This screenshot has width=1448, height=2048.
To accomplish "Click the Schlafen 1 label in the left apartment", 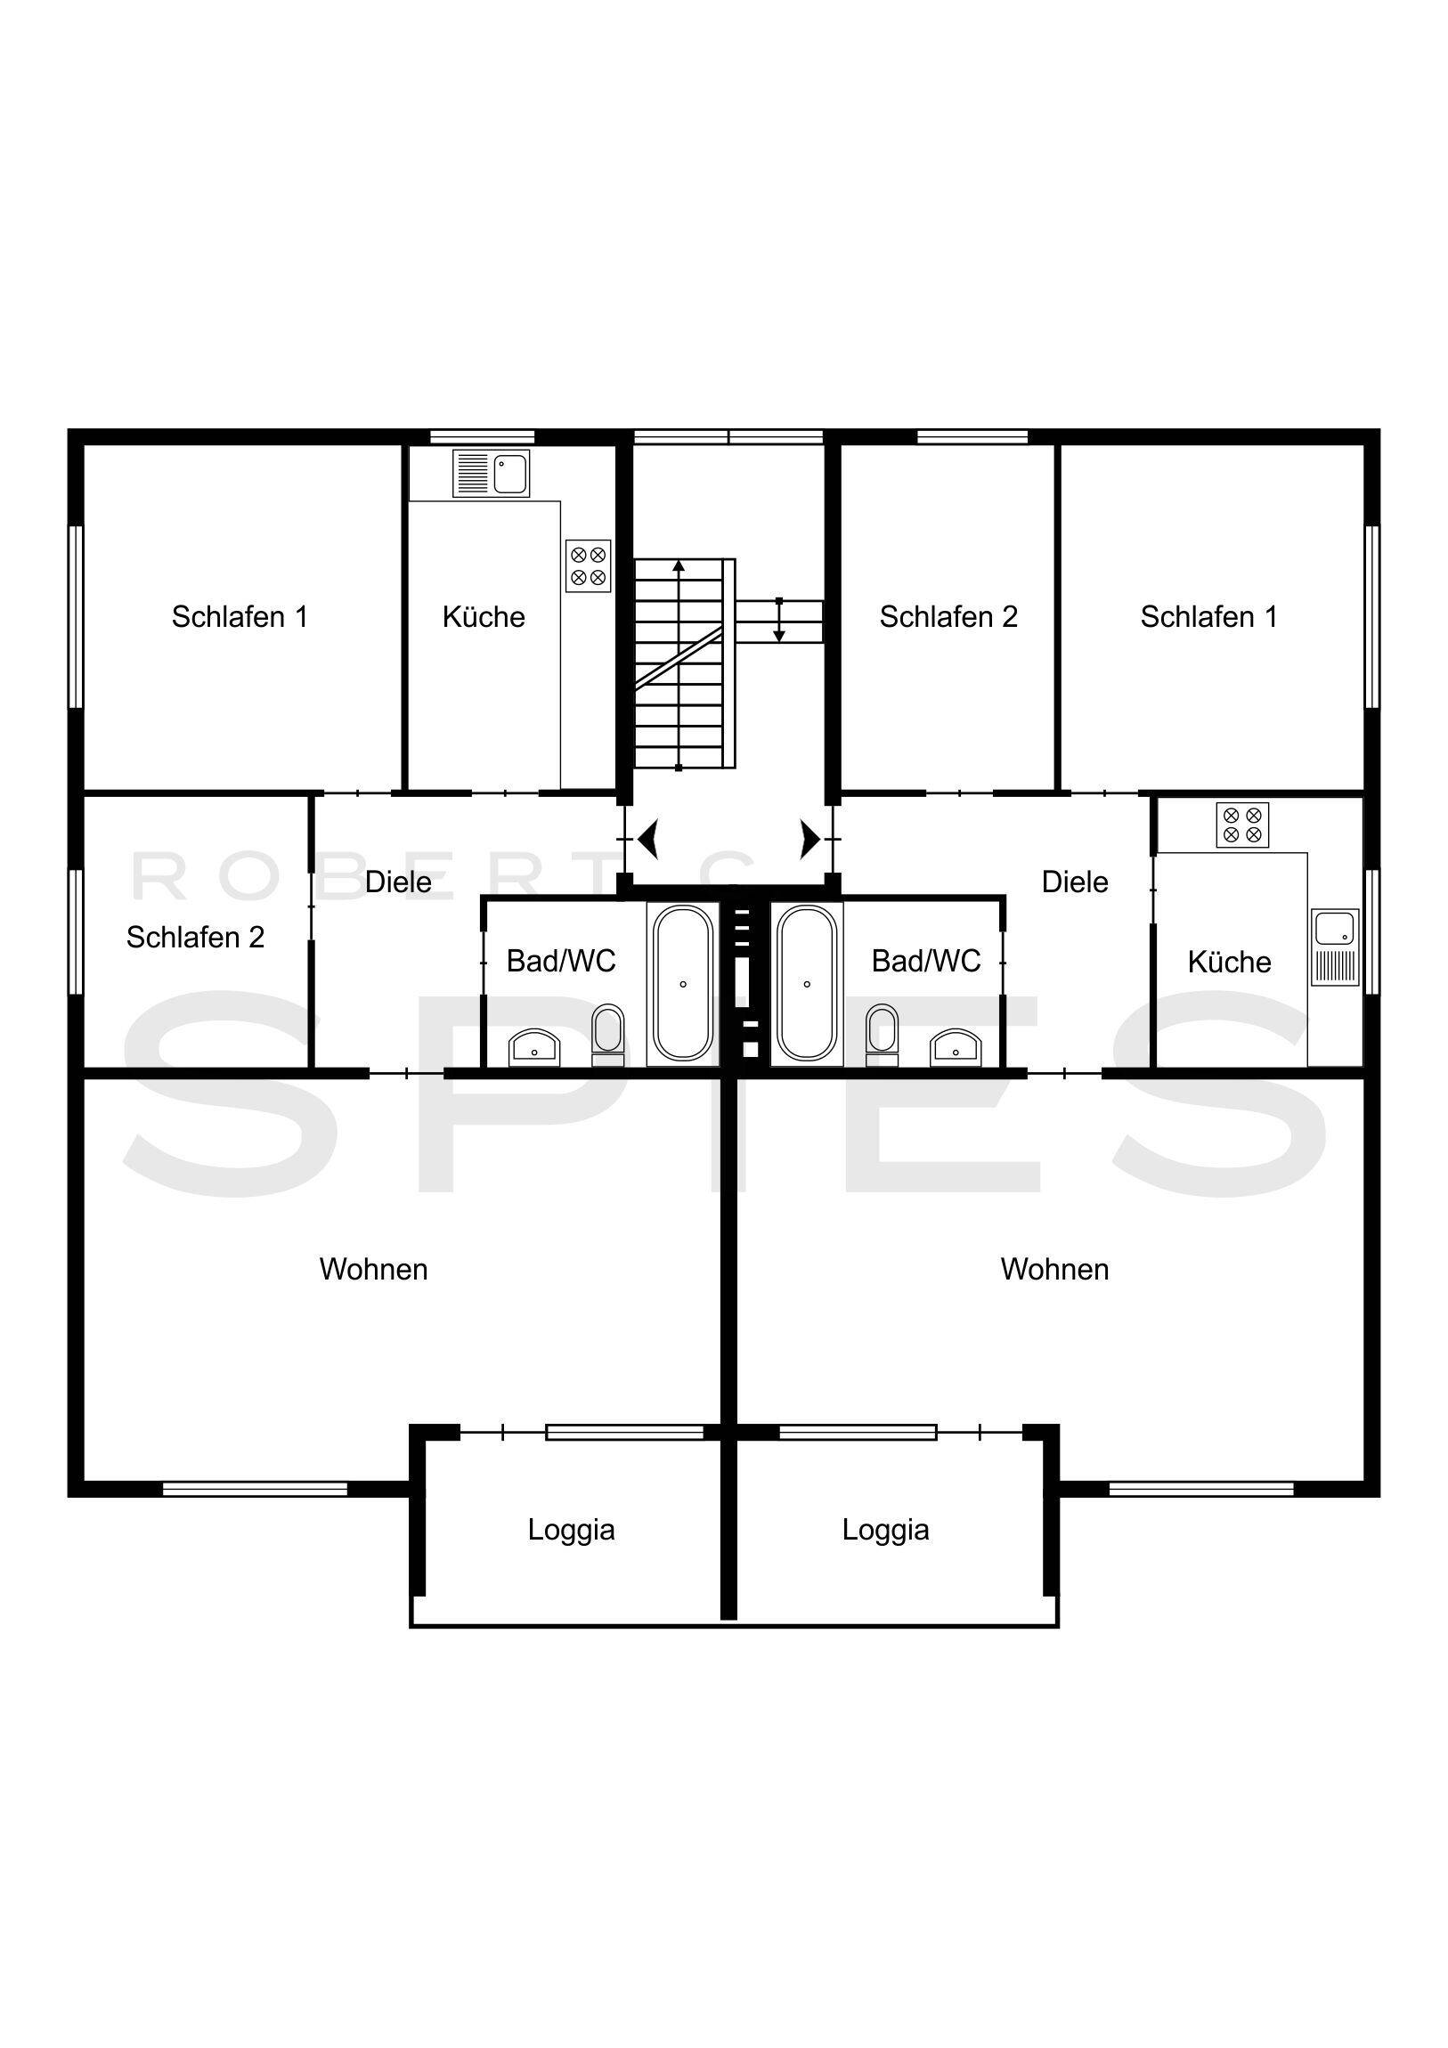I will click(239, 616).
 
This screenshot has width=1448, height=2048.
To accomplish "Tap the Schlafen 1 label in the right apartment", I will click(1208, 616).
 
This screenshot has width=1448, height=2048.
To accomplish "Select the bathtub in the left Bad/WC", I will click(682, 983).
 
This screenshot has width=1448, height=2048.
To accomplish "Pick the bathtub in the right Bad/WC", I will click(807, 983).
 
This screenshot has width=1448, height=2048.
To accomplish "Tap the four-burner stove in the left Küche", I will click(588, 565).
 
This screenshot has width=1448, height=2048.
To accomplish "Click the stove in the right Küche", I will click(1242, 825).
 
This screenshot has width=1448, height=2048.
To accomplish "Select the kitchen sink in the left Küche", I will click(492, 473).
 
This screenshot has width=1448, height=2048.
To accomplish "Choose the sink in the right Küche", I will click(1335, 947).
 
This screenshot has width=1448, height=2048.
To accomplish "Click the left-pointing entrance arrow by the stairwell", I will click(648, 839).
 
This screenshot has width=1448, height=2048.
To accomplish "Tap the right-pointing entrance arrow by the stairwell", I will click(809, 839).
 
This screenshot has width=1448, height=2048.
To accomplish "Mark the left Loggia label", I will click(571, 1530).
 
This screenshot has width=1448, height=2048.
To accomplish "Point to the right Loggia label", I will click(885, 1530).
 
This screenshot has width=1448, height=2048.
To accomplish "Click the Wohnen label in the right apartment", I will click(1054, 1269).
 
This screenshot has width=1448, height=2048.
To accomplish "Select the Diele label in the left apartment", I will click(398, 882).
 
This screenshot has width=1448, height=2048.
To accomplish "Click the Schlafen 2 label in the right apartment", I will click(948, 616).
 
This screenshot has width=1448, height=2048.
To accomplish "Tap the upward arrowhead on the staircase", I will click(679, 566).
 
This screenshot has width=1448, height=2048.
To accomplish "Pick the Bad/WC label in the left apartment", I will click(560, 961).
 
